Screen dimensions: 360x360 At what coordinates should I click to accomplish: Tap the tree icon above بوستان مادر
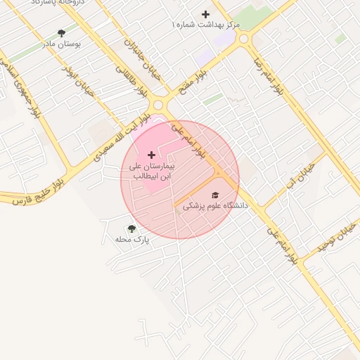[x=61, y=32]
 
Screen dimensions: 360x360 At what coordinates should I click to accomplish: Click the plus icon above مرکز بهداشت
[x=205, y=14]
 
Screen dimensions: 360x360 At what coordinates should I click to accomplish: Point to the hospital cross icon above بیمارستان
[x=151, y=154]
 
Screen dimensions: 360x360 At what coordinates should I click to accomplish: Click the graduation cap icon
[x=215, y=195]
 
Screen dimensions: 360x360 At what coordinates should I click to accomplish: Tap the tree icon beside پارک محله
[x=131, y=229]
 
